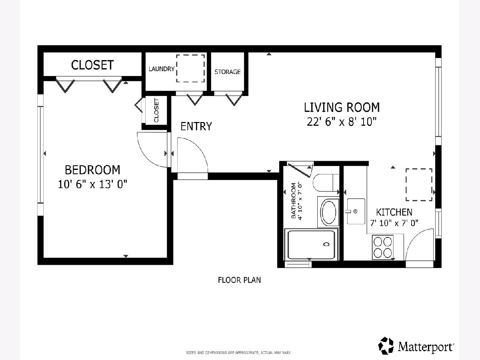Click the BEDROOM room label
92,170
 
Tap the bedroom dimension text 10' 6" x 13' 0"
92,184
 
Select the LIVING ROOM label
342,107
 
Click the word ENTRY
196,126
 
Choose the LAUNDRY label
161,69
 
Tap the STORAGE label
228,72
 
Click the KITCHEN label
394,212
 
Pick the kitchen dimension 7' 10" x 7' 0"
394,223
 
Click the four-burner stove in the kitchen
383,247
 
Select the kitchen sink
356,211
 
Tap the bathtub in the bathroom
311,244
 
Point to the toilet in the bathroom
326,183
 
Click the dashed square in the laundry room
190,68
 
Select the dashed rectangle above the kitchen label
419,185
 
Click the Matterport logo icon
386,345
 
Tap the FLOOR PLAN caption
239,280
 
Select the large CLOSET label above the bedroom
92,65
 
